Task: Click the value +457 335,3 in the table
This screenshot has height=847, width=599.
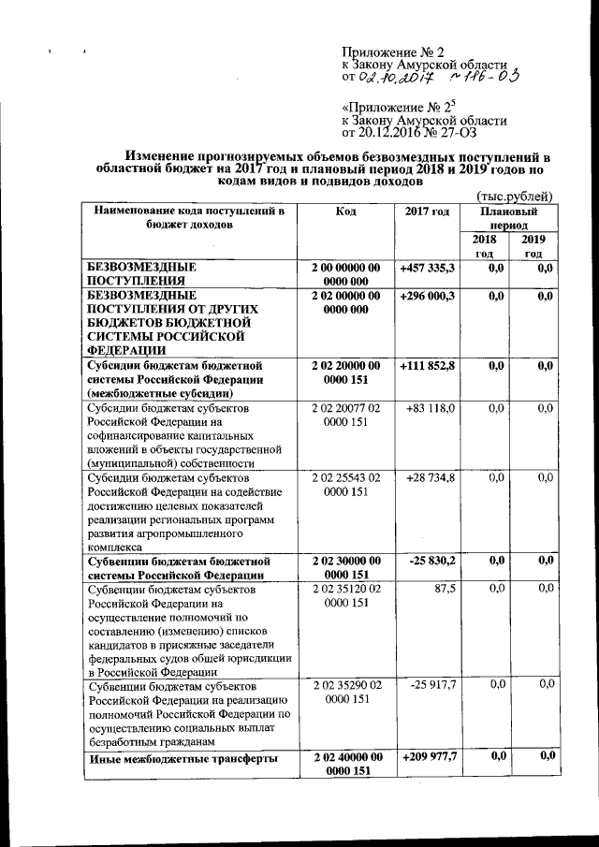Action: point(427,268)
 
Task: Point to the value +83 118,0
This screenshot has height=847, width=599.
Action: point(431,408)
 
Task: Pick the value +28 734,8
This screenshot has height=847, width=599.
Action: point(431,478)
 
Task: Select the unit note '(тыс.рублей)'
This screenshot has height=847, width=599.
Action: point(515,195)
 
